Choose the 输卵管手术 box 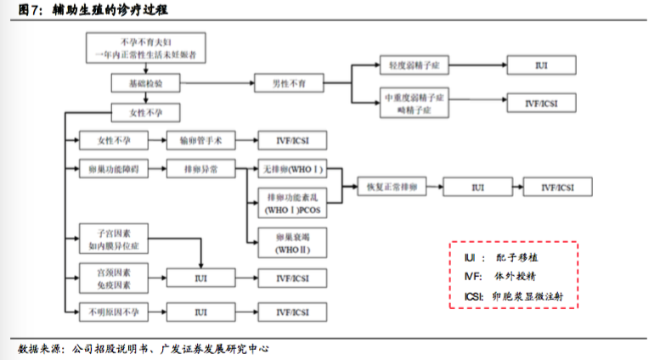(200, 139)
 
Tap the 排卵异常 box (200, 169)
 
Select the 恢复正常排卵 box (386, 187)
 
